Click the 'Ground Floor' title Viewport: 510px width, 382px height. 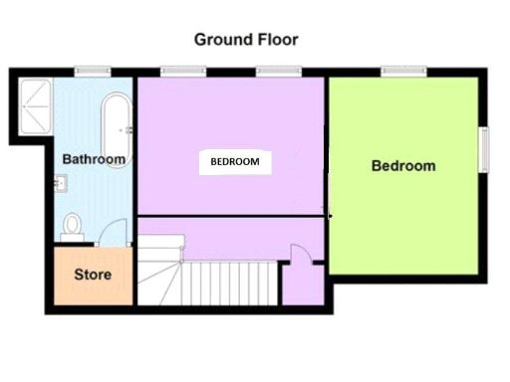pyautogui.click(x=245, y=40)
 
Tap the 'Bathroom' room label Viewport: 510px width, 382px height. pyautogui.click(x=94, y=159)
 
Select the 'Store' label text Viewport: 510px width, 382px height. pyautogui.click(x=93, y=275)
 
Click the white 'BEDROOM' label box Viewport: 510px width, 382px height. pyautogui.click(x=235, y=162)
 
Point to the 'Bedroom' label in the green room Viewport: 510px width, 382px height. pyautogui.click(x=402, y=166)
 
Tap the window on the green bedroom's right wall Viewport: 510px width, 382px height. pyautogui.click(x=485, y=150)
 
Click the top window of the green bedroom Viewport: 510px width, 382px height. pyautogui.click(x=403, y=70)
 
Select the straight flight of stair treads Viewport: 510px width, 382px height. pyautogui.click(x=230, y=284)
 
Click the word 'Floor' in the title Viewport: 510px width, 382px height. pyautogui.click(x=275, y=40)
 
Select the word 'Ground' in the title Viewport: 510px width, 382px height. pyautogui.click(x=221, y=40)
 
